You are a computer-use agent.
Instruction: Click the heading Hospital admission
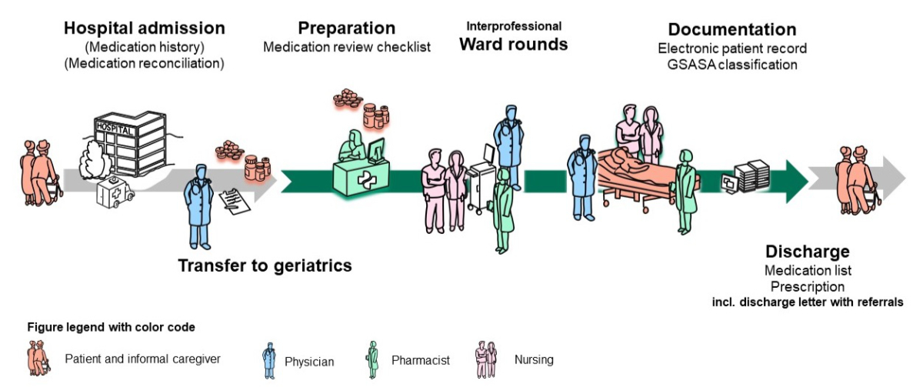pyautogui.click(x=145, y=28)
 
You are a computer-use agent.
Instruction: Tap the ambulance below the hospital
pyautogui.click(x=113, y=194)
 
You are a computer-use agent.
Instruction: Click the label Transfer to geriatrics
pyautogui.click(x=265, y=266)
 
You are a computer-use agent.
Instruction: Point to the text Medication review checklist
pyautogui.click(x=347, y=47)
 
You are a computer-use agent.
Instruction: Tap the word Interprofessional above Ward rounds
pyautogui.click(x=514, y=26)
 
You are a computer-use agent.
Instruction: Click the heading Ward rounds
pyautogui.click(x=514, y=44)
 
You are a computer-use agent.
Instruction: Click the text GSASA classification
pyautogui.click(x=732, y=64)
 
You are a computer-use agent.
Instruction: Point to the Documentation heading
pyautogui.click(x=731, y=30)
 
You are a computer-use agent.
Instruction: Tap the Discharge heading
pyautogui.click(x=808, y=252)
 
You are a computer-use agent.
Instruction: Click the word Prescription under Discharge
pyautogui.click(x=808, y=286)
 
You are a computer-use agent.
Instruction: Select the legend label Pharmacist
pyautogui.click(x=421, y=359)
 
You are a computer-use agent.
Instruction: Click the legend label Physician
pyautogui.click(x=309, y=361)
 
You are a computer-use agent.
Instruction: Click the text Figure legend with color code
pyautogui.click(x=111, y=327)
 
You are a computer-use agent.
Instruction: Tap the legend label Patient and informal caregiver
pyautogui.click(x=142, y=358)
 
